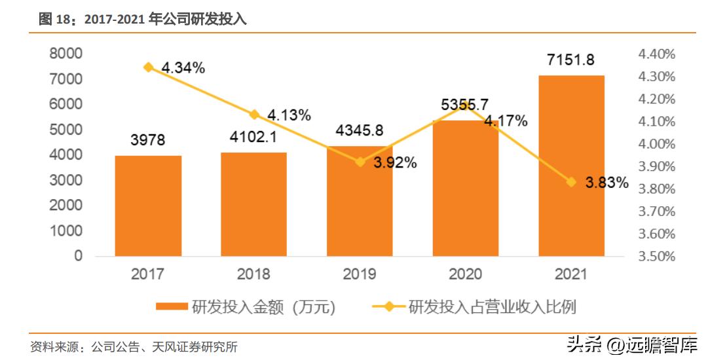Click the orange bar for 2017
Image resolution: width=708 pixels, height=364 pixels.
tap(148, 206)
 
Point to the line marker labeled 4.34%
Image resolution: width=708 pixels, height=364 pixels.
tap(149, 67)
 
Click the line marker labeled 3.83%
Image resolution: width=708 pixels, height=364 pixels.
tap(571, 182)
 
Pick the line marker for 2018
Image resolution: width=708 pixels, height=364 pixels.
tap(254, 115)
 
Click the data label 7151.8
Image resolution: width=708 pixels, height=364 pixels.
tap(570, 60)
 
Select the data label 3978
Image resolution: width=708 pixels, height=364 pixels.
tap(147, 140)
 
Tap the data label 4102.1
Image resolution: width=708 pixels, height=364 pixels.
tap(253, 137)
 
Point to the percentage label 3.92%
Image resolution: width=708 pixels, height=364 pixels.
tap(395, 163)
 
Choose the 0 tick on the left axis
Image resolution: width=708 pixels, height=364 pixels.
tap(79, 256)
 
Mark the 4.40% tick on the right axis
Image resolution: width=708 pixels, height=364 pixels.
tap(656, 54)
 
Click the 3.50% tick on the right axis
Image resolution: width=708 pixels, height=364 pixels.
tap(656, 256)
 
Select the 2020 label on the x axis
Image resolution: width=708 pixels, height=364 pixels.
tap(465, 274)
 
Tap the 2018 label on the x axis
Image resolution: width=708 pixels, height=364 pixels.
tap(253, 274)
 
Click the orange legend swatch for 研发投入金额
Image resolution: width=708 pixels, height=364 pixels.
tap(172, 307)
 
